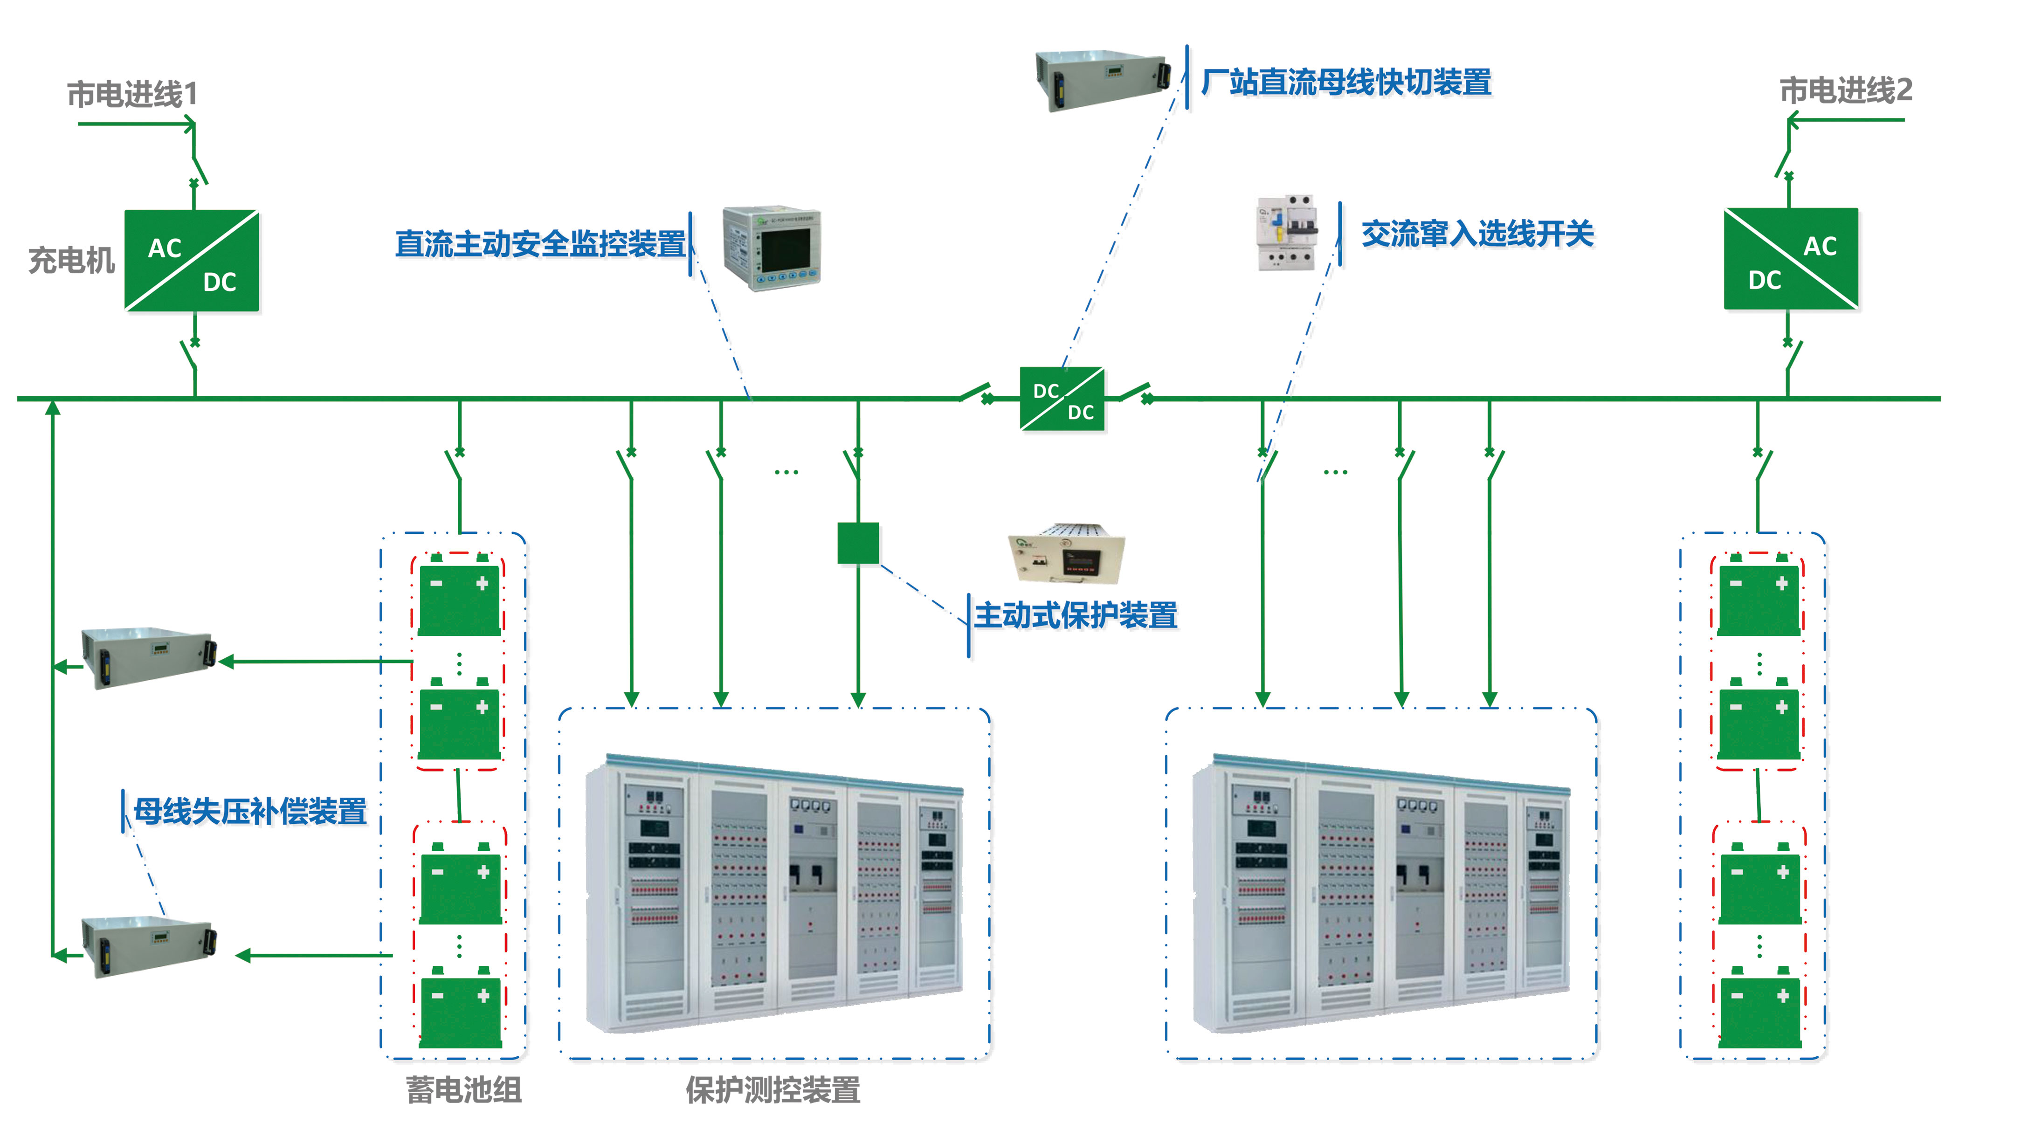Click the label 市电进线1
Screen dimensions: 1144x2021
point(132,94)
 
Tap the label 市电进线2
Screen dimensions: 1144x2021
point(1845,90)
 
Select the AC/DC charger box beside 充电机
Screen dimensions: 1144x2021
point(192,261)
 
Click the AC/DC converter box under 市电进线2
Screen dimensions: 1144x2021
point(1791,259)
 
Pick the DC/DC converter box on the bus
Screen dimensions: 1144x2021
point(1062,399)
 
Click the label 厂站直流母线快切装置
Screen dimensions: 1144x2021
point(1346,82)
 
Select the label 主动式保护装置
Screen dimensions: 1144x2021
point(1076,615)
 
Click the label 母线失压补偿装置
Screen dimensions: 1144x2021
point(250,811)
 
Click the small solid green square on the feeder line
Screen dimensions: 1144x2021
point(858,544)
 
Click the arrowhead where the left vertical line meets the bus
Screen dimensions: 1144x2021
point(53,407)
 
